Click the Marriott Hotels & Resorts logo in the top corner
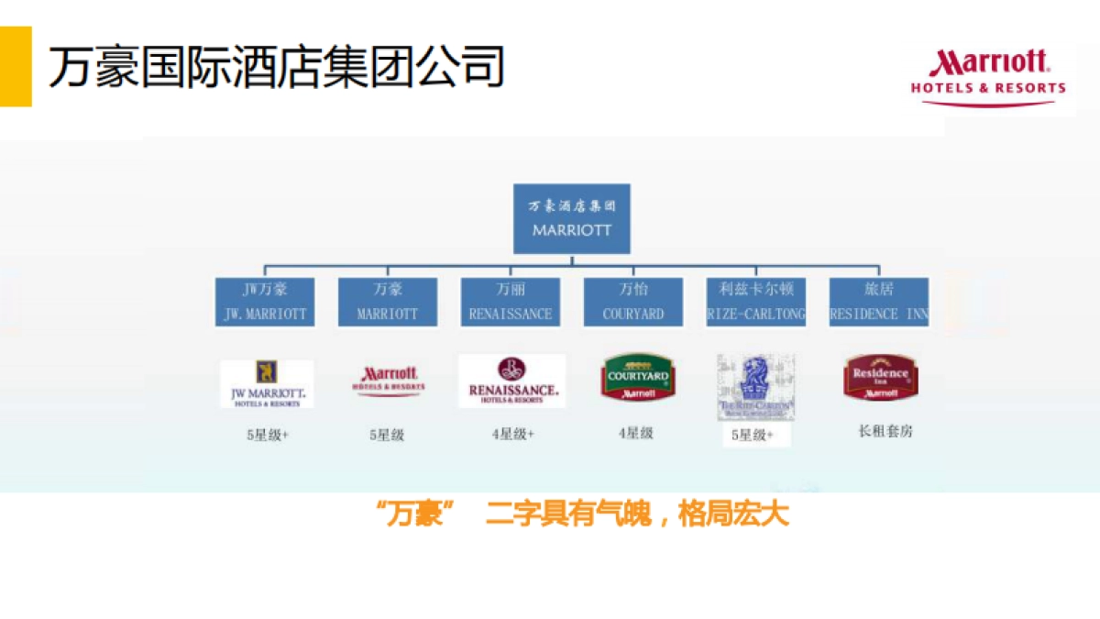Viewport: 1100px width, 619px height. pyautogui.click(x=988, y=77)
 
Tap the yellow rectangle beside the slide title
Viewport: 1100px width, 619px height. pyautogui.click(x=16, y=66)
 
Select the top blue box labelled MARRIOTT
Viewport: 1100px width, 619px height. pyautogui.click(x=571, y=218)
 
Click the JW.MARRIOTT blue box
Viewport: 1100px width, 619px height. pyautogui.click(x=265, y=302)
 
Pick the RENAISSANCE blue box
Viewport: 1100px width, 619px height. pyautogui.click(x=511, y=302)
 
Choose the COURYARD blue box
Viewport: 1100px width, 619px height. pyautogui.click(x=633, y=302)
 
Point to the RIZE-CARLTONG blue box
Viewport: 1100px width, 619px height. pyautogui.click(x=756, y=302)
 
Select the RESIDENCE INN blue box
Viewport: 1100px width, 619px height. pyautogui.click(x=878, y=302)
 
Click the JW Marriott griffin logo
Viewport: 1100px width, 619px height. pyautogui.click(x=267, y=383)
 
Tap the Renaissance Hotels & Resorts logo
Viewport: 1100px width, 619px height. pyautogui.click(x=511, y=381)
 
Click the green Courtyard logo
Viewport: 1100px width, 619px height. pyautogui.click(x=637, y=378)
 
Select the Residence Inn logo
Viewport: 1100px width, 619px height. pyautogui.click(x=881, y=377)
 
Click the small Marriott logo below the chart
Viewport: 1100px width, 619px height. pyautogui.click(x=389, y=380)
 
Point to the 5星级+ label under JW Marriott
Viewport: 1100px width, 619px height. pyautogui.click(x=267, y=436)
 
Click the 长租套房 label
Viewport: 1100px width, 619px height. pyautogui.click(x=885, y=431)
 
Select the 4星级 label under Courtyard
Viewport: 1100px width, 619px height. pyautogui.click(x=635, y=433)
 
